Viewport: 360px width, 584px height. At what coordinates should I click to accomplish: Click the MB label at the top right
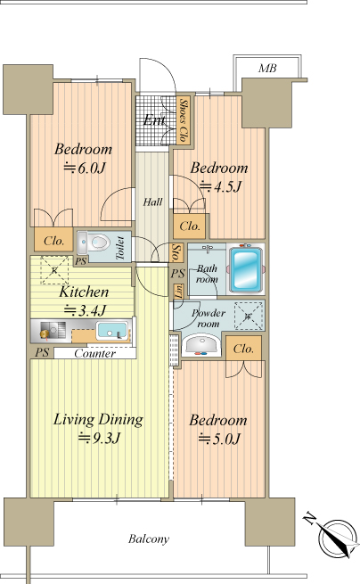[267, 69]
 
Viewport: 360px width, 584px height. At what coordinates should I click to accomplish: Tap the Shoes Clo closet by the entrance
[183, 120]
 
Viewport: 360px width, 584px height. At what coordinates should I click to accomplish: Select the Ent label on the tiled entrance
[154, 119]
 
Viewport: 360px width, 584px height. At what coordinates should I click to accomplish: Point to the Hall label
[152, 202]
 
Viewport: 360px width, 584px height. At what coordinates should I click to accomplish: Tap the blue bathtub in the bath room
[245, 268]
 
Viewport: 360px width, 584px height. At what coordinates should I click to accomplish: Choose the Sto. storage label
[177, 252]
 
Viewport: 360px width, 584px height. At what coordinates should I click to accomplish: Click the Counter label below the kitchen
[95, 353]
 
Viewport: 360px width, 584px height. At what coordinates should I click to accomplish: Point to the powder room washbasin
[201, 344]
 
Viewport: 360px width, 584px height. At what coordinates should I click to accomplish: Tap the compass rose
[338, 537]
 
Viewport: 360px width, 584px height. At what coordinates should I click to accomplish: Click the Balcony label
[149, 539]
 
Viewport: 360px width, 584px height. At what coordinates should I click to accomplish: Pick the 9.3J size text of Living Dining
[99, 439]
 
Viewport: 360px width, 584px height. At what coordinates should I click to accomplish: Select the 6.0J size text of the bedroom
[85, 168]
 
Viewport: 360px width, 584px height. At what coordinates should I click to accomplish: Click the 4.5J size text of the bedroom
[221, 186]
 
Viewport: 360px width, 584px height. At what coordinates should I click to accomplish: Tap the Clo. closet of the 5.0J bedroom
[243, 349]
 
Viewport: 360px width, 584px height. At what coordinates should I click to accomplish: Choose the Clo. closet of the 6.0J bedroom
[53, 241]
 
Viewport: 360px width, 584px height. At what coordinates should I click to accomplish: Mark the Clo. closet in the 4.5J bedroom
[190, 226]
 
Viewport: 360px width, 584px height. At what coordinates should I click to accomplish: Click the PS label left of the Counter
[42, 352]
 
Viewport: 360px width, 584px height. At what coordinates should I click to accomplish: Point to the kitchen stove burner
[45, 333]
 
